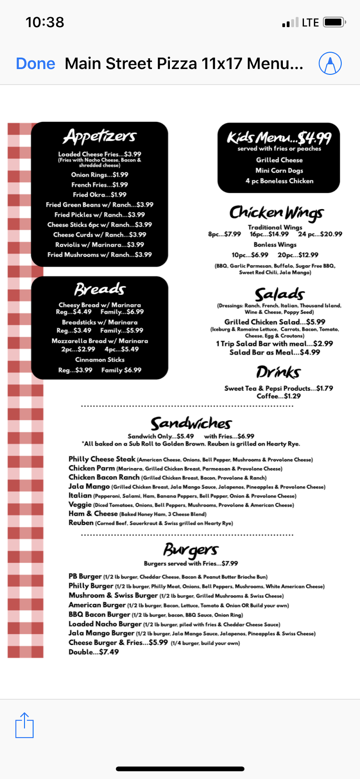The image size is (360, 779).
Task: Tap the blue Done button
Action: tap(35, 63)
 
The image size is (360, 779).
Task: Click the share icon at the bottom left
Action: tap(25, 725)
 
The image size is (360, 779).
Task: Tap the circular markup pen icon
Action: tap(330, 63)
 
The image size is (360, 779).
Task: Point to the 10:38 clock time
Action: tap(45, 22)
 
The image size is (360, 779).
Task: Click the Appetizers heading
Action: tap(100, 137)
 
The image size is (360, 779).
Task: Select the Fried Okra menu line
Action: tap(100, 195)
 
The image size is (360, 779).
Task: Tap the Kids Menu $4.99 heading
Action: tap(279, 137)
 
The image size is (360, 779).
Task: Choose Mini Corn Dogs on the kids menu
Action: tap(279, 171)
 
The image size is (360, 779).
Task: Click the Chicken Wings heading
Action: tap(276, 213)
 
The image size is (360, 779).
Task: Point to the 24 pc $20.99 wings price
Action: tap(320, 234)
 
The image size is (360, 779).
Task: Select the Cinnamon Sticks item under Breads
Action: tap(100, 360)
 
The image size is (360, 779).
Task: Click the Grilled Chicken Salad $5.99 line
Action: tap(275, 322)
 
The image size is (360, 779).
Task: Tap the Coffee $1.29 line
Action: tap(279, 396)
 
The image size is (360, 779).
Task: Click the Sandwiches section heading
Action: tap(191, 423)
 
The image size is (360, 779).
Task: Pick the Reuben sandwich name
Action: tap(81, 523)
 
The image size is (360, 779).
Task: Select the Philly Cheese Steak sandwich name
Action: tap(102, 459)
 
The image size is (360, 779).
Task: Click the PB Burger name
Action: tap(85, 576)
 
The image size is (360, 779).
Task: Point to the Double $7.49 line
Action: tap(94, 652)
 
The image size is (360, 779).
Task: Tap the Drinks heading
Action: tap(278, 372)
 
